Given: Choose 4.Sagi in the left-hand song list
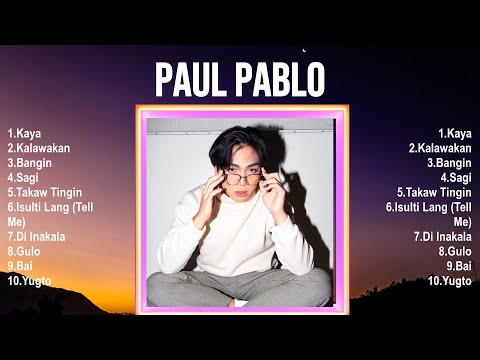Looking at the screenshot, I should pyautogui.click(x=22, y=177).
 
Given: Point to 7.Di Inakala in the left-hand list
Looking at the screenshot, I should pyautogui.click(x=35, y=236).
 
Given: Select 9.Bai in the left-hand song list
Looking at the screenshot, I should pyautogui.click(x=19, y=266).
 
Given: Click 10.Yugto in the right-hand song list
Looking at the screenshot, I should pyautogui.click(x=450, y=281).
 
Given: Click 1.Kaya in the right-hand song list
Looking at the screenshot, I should pyautogui.click(x=455, y=132).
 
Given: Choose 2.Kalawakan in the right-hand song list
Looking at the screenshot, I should pyautogui.click(x=440, y=147).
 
